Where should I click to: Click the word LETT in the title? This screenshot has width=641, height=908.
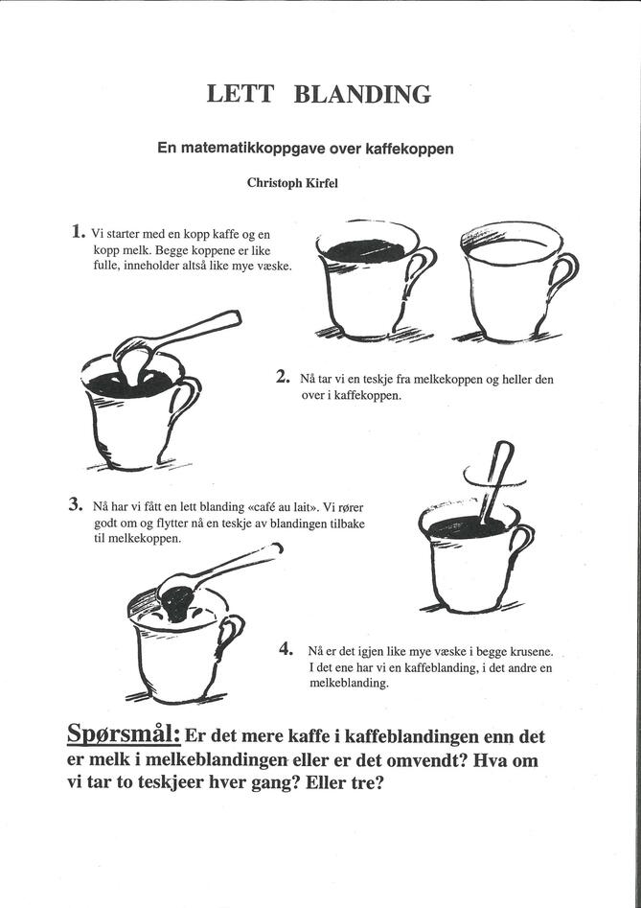pyautogui.click(x=240, y=94)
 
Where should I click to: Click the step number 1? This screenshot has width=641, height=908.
pyautogui.click(x=76, y=232)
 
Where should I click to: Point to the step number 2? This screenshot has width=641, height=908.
pyautogui.click(x=283, y=378)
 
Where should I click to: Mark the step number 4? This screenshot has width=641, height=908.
pyautogui.click(x=285, y=649)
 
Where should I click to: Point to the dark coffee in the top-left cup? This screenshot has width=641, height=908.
pyautogui.click(x=365, y=251)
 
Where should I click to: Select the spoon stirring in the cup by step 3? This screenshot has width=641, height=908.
pyautogui.click(x=495, y=479)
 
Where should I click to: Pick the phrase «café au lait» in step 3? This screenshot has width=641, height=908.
pyautogui.click(x=277, y=508)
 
